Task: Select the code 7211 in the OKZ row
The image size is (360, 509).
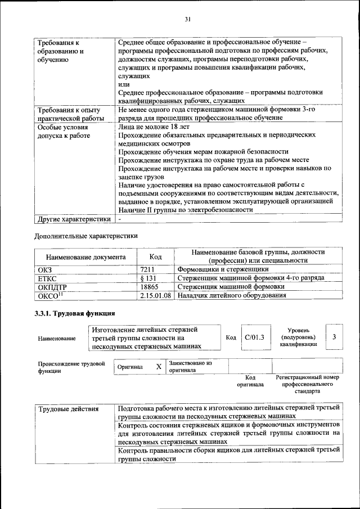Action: [147, 269]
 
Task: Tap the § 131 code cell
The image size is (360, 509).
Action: [148, 278]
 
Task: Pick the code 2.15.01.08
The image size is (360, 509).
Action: [156, 295]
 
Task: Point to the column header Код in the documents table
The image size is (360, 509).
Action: [156, 256]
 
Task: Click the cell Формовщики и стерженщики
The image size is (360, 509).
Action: [220, 269]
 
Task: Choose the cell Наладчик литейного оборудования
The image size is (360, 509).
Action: [230, 295]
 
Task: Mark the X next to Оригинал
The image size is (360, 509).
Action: [159, 367]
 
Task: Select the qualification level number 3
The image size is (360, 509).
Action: [334, 337]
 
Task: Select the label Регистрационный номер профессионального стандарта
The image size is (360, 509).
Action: [307, 384]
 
